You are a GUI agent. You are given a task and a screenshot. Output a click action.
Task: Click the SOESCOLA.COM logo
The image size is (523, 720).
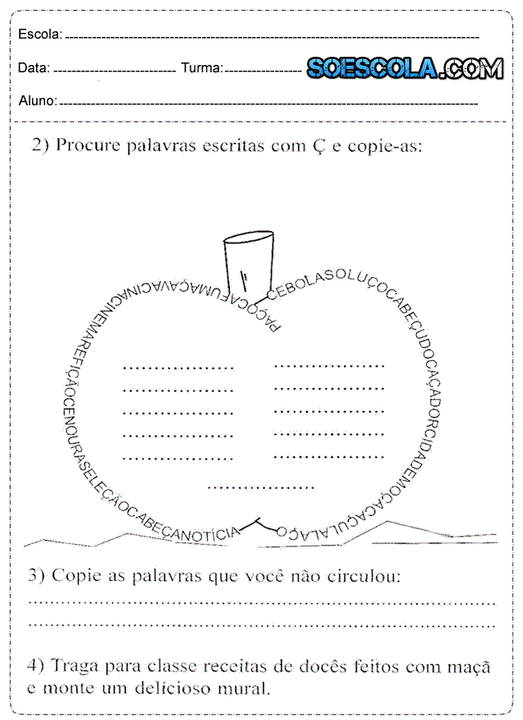[405, 68]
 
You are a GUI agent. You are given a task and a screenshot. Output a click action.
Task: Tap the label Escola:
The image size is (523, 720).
[39, 35]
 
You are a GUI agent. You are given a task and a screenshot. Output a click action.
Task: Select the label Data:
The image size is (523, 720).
[34, 68]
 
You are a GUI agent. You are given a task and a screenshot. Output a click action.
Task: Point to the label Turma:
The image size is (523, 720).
[201, 68]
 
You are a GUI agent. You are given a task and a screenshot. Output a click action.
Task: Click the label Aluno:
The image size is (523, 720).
[37, 101]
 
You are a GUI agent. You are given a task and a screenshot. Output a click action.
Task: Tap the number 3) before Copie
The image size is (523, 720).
[36, 575]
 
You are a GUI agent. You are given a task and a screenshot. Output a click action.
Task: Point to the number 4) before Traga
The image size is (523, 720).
[37, 667]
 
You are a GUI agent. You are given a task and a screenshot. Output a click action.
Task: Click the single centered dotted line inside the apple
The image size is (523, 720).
[261, 487]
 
